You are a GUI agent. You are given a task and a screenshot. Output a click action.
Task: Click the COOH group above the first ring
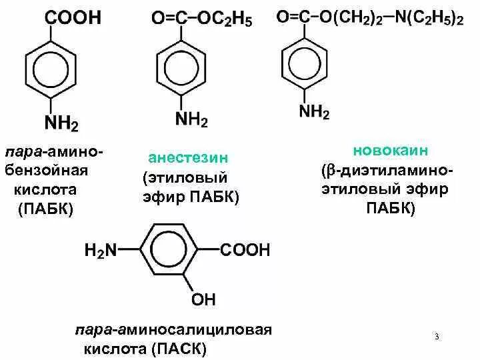click(x=73, y=18)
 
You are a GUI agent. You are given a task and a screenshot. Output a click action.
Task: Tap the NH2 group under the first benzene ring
click(x=61, y=123)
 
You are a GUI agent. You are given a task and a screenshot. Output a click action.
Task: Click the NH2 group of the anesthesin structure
click(x=191, y=120)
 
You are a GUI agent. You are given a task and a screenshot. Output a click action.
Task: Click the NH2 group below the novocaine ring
click(x=314, y=111)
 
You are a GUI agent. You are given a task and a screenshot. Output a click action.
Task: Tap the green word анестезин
click(x=188, y=159)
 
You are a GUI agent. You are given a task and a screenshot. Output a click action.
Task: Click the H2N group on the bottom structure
click(x=100, y=251)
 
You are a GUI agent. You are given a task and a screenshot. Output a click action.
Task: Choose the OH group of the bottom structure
click(x=203, y=299)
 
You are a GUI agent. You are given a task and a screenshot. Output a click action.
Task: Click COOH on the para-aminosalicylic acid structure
click(x=245, y=251)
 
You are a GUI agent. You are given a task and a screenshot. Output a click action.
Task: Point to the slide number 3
click(x=437, y=337)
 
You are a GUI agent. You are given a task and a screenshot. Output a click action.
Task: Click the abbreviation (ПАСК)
click(x=179, y=349)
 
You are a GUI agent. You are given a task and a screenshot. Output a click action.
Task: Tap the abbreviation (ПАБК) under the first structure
click(x=45, y=209)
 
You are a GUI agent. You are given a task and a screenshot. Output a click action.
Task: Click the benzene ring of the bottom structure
click(x=169, y=251)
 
